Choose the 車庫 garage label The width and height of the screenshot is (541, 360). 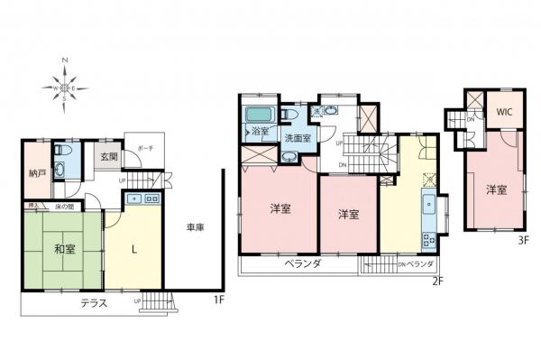point(196,227)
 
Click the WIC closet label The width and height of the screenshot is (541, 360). point(503,115)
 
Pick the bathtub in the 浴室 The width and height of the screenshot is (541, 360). point(260,116)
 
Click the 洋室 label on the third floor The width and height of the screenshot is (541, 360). point(496,189)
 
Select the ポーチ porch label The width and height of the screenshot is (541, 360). point(144,148)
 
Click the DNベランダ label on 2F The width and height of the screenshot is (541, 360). point(416,264)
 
